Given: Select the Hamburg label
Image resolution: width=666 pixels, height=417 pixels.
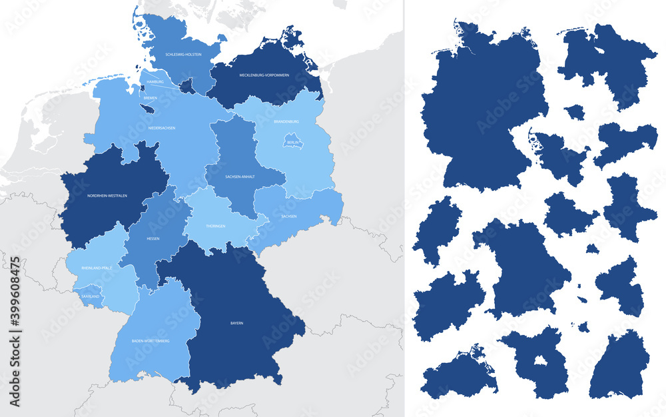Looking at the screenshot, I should point(155,81).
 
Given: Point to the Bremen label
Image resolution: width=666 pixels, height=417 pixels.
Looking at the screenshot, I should point(150,97).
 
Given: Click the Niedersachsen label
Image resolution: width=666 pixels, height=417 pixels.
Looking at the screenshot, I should point(162,127).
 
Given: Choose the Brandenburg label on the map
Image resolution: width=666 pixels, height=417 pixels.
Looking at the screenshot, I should point(286,121).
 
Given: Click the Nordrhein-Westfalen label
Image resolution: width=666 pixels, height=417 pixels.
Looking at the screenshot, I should point(107,195).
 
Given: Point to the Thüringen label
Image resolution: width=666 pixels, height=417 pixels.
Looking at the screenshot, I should point(215,226).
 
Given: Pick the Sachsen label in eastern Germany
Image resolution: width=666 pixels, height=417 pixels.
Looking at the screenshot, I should point(290,216).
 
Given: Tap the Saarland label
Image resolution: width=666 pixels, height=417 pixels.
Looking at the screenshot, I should point(89,296).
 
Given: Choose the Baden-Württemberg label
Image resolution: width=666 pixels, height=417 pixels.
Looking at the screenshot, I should point(150,340).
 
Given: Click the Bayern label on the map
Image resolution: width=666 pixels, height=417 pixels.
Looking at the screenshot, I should point(236,323).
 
